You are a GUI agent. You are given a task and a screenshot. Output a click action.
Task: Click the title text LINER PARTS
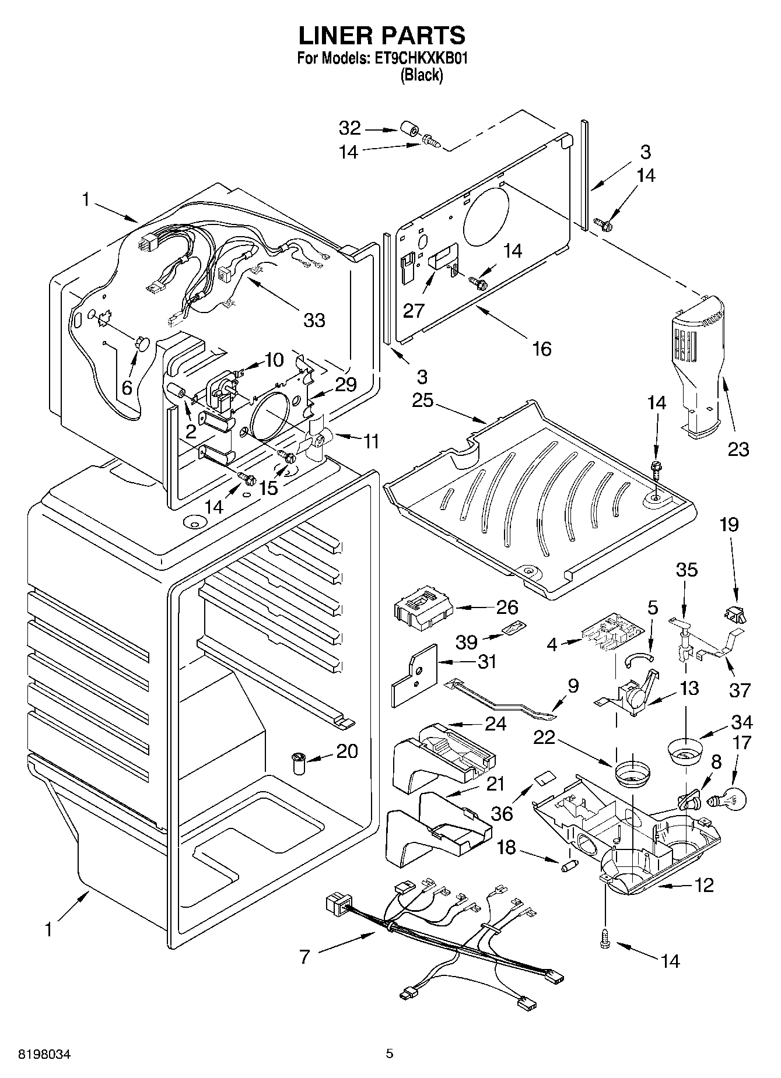coord(382,36)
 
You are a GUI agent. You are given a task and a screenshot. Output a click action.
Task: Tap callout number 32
coord(350,128)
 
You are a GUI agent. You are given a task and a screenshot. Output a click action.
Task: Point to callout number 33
coord(314,319)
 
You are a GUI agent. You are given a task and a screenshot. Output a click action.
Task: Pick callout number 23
coord(738,449)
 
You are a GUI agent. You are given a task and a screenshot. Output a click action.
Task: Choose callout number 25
coord(423,401)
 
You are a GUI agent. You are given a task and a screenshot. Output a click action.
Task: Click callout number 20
coord(347,751)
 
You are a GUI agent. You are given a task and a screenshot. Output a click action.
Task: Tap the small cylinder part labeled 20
coord(300,762)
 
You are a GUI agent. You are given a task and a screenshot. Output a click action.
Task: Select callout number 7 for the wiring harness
coord(304,957)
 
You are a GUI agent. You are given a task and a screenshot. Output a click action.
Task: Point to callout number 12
coord(704,885)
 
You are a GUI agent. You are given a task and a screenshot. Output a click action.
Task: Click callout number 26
coord(506,607)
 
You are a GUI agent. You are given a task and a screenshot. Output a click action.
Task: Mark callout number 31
coord(486,661)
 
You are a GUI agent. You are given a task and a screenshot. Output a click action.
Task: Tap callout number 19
coord(729,524)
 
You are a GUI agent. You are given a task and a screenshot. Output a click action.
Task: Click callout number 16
coord(541,349)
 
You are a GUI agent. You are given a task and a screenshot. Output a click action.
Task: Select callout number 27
coord(414,310)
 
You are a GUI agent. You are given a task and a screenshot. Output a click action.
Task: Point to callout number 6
coord(127,387)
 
